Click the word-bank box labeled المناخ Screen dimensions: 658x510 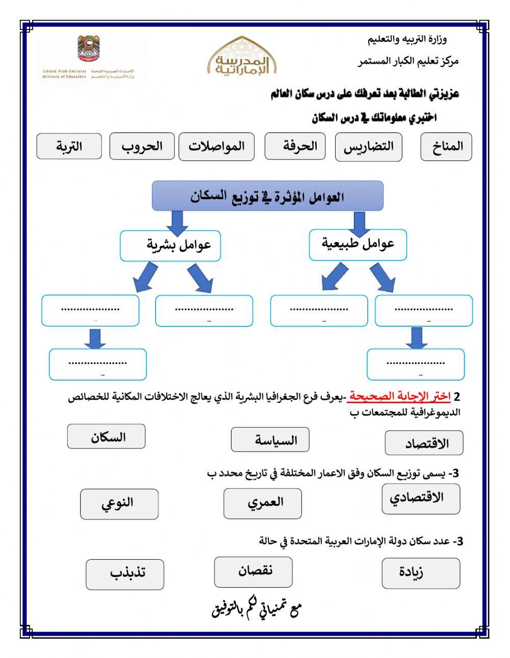446,147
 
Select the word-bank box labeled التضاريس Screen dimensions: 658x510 368,147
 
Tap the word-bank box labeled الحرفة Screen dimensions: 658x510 295,146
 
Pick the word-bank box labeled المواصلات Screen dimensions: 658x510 216,147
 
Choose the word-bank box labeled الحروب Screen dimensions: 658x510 142,146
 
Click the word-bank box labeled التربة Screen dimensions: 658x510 69,146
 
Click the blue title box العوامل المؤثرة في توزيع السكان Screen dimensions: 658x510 267,196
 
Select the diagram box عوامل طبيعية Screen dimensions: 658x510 358,245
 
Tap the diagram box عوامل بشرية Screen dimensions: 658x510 170,246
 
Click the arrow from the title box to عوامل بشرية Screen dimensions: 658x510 176,222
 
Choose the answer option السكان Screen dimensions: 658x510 106,437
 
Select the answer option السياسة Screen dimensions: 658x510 270,439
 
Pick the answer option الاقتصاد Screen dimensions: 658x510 424,442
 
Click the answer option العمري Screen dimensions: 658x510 262,503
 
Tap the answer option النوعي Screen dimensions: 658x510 119,504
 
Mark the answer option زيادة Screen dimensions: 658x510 421,573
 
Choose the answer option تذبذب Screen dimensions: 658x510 125,574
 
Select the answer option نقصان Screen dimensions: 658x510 253,571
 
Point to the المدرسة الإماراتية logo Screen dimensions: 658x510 242,57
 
